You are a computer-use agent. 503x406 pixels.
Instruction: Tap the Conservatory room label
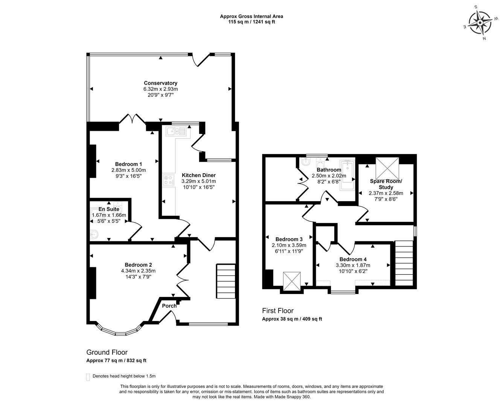point(161,83)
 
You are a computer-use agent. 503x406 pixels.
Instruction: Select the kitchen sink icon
point(176,131)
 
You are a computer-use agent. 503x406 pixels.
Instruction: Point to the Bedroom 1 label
point(128,164)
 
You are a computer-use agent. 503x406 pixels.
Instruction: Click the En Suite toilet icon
point(94,235)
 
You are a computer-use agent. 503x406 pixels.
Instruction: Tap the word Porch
point(169,306)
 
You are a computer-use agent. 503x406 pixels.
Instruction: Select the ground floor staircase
point(226,281)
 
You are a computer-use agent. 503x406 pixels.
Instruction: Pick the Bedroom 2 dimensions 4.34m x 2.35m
point(138,271)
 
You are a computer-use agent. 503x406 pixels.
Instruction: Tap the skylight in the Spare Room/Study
point(387,168)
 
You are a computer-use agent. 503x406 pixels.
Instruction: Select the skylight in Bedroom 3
point(292,281)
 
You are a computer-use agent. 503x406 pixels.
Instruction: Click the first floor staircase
point(404,263)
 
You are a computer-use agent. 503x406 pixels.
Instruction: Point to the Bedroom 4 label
point(353,259)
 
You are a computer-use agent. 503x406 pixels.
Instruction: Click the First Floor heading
point(278,311)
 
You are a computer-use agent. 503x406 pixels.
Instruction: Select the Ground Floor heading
point(107,352)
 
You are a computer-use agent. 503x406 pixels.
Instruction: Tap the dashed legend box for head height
point(88,377)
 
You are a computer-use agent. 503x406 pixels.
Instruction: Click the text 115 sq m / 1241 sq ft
point(251,22)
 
